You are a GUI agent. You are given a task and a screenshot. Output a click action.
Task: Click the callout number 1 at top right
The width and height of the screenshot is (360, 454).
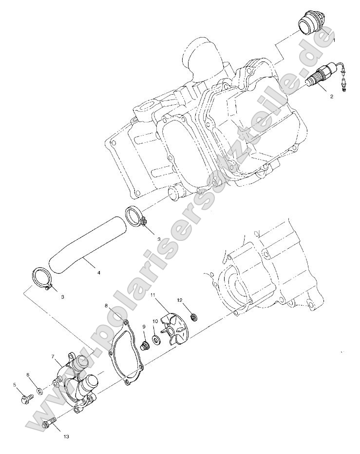coord(334,40)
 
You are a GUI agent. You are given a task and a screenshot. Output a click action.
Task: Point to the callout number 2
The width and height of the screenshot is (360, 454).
coord(332,97)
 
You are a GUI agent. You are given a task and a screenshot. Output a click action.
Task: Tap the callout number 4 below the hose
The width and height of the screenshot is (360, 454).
coord(98,273)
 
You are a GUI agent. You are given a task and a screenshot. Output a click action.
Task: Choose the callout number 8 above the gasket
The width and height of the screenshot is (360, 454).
coord(106,306)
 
